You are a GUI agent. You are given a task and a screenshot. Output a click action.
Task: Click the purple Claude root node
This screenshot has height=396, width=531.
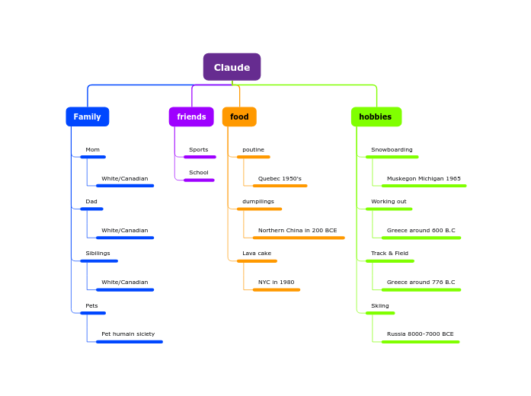(x=232, y=67)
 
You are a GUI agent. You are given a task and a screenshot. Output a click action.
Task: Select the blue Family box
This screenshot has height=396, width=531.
(x=87, y=117)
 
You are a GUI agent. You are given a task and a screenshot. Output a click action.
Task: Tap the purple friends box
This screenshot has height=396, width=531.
(x=191, y=117)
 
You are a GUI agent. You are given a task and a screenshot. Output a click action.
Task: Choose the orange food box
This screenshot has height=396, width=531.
(x=239, y=117)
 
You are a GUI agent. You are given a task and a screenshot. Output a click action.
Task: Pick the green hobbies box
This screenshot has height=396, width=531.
(x=376, y=117)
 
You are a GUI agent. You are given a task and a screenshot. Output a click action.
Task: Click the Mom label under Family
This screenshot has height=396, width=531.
(x=92, y=150)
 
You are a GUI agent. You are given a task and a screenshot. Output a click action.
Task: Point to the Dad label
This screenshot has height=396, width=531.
(x=91, y=202)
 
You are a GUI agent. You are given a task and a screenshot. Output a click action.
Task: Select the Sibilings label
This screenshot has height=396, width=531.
(x=98, y=254)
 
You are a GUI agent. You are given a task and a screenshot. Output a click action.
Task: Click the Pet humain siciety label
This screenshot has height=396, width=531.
(x=128, y=334)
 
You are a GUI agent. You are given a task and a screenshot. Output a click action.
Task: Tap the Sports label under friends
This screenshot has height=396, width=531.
(x=198, y=150)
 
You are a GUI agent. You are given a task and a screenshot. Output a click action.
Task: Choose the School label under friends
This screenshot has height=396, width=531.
(x=198, y=173)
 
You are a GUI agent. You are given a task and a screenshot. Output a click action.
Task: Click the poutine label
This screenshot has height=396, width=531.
(x=253, y=150)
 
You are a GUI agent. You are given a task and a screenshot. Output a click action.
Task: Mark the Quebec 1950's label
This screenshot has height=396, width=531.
(x=280, y=179)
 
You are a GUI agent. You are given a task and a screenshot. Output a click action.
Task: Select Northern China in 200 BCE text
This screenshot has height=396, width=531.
(x=297, y=231)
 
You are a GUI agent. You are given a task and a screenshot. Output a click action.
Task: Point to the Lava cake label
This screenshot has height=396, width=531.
(x=257, y=254)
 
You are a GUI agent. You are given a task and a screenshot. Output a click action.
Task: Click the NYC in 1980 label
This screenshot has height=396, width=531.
(x=276, y=283)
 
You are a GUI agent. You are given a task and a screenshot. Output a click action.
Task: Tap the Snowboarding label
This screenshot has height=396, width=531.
(x=392, y=150)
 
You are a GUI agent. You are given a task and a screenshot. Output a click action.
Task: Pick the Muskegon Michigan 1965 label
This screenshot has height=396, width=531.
(x=424, y=179)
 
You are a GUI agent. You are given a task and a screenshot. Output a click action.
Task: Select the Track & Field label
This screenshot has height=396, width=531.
(x=389, y=254)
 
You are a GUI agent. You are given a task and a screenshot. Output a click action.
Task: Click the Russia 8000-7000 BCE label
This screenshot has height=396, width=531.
(x=420, y=334)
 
